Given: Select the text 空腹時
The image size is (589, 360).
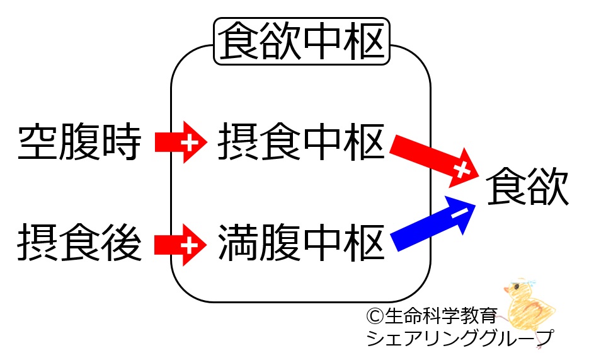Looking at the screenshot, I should (x=79, y=142).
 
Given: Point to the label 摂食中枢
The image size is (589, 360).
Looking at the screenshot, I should (x=301, y=142).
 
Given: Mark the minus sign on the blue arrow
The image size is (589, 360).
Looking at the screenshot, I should (x=458, y=214).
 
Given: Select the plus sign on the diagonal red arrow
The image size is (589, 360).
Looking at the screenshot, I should (x=462, y=169).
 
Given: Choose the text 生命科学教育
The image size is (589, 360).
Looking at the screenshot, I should (x=441, y=314).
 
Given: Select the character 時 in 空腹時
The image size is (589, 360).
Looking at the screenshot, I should (x=120, y=142).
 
